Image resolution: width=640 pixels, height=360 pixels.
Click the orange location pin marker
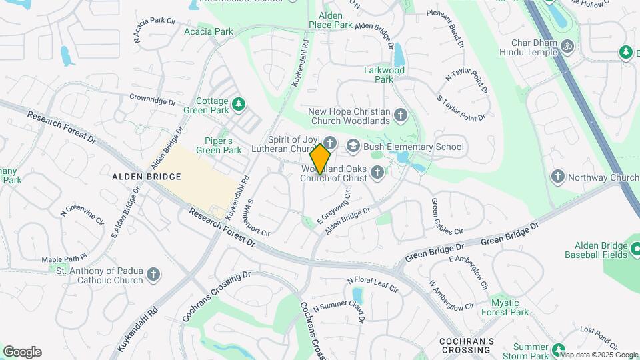(321, 158)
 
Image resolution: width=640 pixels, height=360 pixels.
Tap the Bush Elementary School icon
(353, 146)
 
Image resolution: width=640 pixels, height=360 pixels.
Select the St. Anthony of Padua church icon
(153, 274)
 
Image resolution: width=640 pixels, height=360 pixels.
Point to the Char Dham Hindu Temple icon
(568, 46)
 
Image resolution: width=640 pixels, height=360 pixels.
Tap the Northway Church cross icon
(558, 177)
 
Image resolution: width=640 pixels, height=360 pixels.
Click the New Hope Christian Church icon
(401, 115)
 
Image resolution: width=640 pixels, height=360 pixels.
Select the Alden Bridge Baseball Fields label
(596, 250)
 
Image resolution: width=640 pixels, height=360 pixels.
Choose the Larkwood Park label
(384, 74)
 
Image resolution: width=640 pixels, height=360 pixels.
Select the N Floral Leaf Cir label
(372, 285)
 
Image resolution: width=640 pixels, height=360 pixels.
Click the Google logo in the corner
(22, 351)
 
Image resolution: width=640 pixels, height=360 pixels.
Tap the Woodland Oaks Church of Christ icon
(377, 173)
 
